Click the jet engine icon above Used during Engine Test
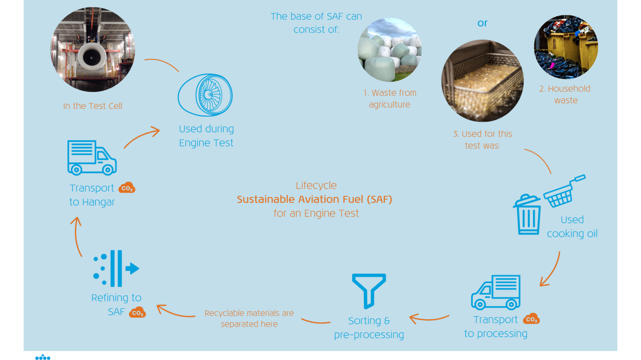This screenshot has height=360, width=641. pyautogui.click(x=205, y=95)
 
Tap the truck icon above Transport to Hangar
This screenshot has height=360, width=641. pyautogui.click(x=92, y=157)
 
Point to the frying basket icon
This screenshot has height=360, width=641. pyautogui.click(x=563, y=191)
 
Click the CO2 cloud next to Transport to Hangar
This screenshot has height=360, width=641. pyautogui.click(x=127, y=188)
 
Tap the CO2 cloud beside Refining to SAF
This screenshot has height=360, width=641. pyautogui.click(x=137, y=312)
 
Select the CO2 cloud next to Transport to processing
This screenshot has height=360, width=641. pyautogui.click(x=531, y=319)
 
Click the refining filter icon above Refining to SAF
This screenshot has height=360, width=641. pyautogui.click(x=116, y=268)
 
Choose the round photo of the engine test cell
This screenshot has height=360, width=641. pyautogui.click(x=93, y=50)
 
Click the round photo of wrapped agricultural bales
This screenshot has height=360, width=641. pyautogui.click(x=389, y=49)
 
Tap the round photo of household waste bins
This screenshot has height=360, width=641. pyautogui.click(x=566, y=47)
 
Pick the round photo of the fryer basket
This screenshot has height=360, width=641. pyautogui.click(x=482, y=81)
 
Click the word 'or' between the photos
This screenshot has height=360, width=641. pyautogui.click(x=482, y=23)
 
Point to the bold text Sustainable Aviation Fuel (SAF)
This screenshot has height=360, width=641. pyautogui.click(x=315, y=199)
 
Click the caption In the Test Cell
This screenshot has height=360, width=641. pyautogui.click(x=93, y=106)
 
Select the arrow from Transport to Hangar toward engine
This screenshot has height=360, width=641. pyautogui.click(x=142, y=138)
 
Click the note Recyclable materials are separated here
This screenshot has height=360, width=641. pyautogui.click(x=249, y=318)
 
